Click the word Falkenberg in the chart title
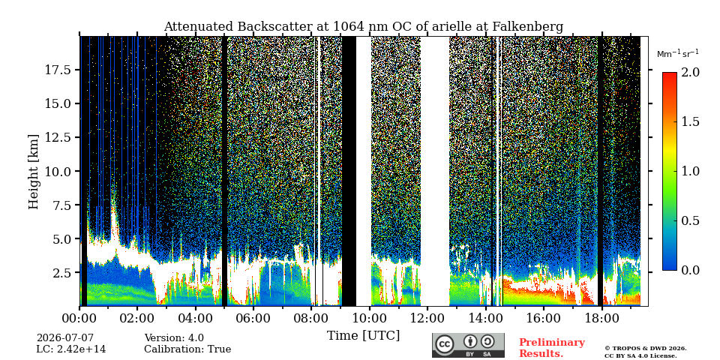pos(527,27)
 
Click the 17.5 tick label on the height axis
pos(58,70)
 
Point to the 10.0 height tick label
pos(58,171)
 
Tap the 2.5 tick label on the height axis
pos(61,273)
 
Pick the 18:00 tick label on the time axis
pos(602,318)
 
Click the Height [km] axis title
pos(34,172)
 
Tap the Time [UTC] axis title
pos(363,336)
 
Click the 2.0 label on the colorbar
pos(690,72)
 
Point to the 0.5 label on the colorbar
pos(690,220)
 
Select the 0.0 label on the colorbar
pos(690,271)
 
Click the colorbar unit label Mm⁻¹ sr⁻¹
pos(678,54)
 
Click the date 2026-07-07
pos(65,338)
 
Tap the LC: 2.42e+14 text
pos(71,349)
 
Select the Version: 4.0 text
pos(174,338)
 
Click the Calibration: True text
pos(187,349)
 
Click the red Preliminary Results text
pos(552,347)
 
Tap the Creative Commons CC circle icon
pos(445,345)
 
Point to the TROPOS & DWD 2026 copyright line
pos(646,349)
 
